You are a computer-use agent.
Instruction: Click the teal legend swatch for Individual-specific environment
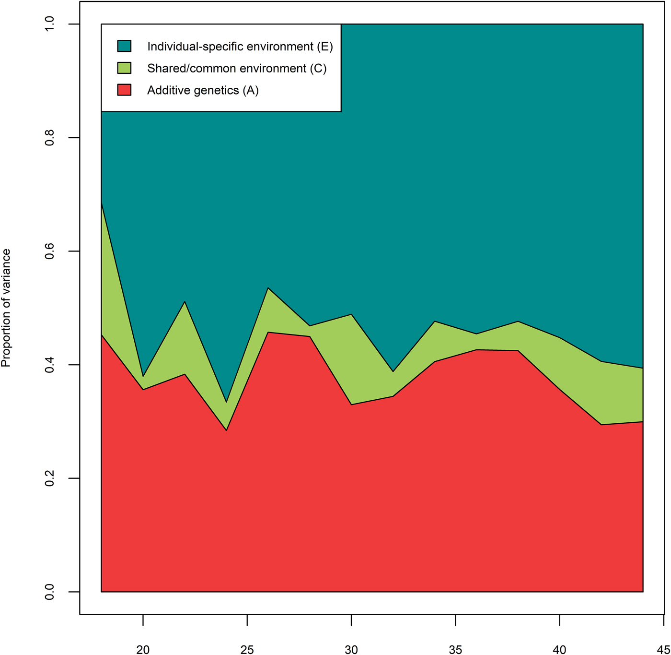[x=124, y=46]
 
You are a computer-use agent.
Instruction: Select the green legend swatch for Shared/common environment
[x=124, y=68]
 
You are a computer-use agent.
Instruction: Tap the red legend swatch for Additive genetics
[x=124, y=90]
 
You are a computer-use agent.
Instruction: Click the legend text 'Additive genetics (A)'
[x=203, y=90]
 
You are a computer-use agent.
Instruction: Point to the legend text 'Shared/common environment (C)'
[x=237, y=68]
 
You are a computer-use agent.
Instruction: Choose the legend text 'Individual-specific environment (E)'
[x=240, y=46]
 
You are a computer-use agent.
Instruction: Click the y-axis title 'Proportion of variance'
[x=6, y=308]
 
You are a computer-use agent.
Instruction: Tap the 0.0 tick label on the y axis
[x=49, y=592]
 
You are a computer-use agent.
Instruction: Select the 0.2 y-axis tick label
[x=49, y=478]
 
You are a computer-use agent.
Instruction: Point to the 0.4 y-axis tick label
[x=49, y=365]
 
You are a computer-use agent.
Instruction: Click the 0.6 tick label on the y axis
[x=49, y=251]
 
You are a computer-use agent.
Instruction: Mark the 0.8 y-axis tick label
[x=49, y=138]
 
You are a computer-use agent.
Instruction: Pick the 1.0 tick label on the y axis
[x=49, y=24]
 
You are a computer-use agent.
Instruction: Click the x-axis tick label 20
[x=143, y=650]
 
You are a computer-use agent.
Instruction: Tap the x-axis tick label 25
[x=247, y=650]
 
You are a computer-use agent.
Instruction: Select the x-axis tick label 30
[x=351, y=650]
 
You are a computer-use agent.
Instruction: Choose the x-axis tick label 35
[x=455, y=650]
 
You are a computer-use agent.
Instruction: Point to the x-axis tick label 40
[x=559, y=650]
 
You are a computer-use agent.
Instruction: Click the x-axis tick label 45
[x=663, y=650]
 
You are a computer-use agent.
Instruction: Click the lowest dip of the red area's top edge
[x=226, y=430]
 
